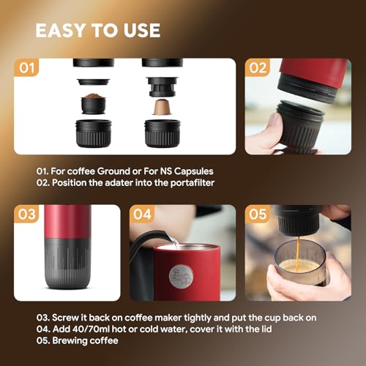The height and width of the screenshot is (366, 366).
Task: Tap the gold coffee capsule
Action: pyautogui.click(x=158, y=106)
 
